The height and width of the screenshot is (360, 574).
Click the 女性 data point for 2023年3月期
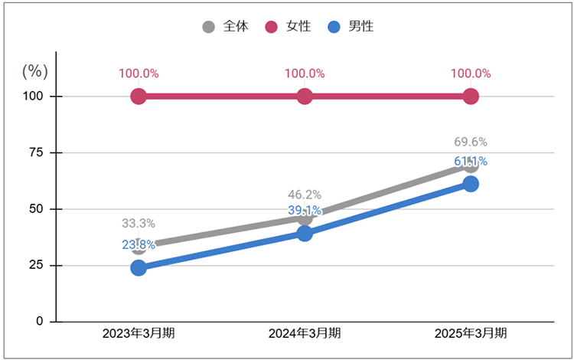[x=139, y=97]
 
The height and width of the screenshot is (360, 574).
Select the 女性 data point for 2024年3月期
[x=305, y=97]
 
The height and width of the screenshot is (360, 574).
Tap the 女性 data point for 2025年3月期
[x=471, y=97]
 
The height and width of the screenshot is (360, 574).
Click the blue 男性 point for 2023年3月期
[x=139, y=267]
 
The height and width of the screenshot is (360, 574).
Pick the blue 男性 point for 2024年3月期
[x=305, y=234]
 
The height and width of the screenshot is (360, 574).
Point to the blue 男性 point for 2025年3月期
[x=471, y=184]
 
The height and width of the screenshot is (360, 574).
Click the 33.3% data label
[x=139, y=224]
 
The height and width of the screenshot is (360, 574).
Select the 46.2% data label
[x=305, y=195]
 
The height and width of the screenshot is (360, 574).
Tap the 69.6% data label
[x=471, y=142]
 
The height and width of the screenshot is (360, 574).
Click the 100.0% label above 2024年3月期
[x=305, y=74]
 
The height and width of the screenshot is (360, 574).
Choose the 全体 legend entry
[x=226, y=27]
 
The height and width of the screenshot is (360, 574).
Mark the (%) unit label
[x=34, y=71]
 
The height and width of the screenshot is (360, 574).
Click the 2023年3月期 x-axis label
[x=139, y=334]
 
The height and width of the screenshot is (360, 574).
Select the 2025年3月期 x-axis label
[x=471, y=334]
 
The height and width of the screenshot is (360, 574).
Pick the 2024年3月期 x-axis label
[x=305, y=334]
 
